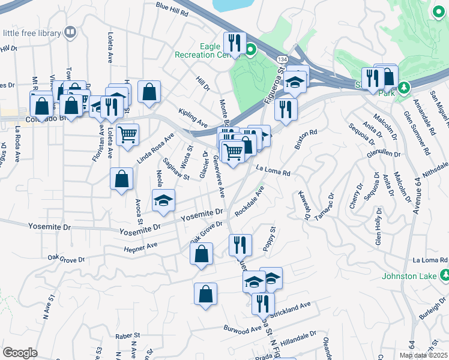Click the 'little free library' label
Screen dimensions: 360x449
pyautogui.click(x=31, y=32)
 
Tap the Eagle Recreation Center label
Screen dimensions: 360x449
pyautogui.click(x=219, y=50)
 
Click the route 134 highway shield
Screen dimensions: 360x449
pyautogui.click(x=281, y=59)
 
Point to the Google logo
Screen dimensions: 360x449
pyautogui.click(x=20, y=352)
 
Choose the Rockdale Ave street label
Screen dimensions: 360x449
pyautogui.click(x=250, y=202)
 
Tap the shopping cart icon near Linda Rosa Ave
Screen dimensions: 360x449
pyautogui.click(x=127, y=134)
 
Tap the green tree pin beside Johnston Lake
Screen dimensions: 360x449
pyautogui.click(x=444, y=276)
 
